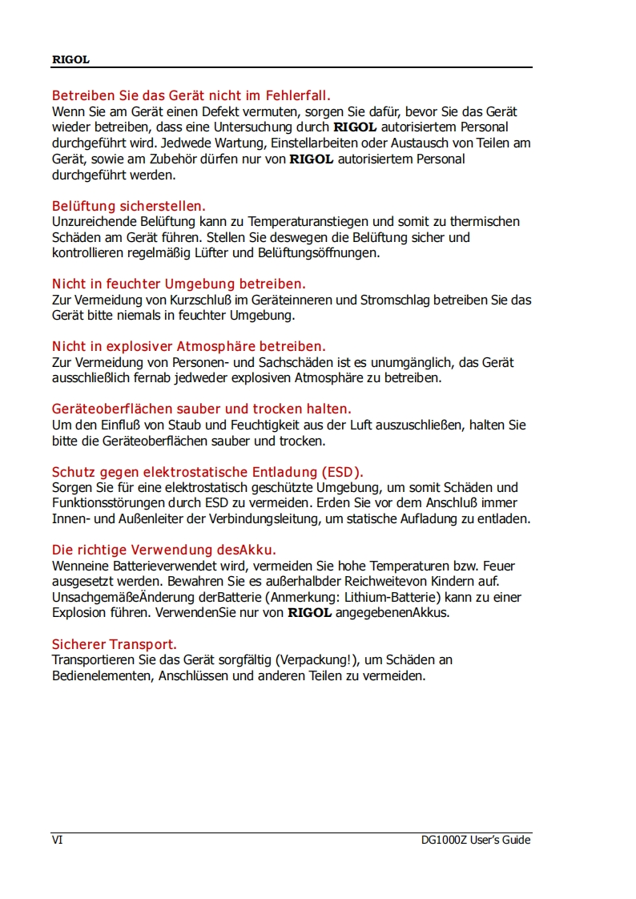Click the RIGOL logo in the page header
70,59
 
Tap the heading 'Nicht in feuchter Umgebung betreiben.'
179,284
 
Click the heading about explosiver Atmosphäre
188,346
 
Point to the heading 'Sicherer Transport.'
115,644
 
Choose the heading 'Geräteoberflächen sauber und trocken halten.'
202,409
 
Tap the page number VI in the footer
57,840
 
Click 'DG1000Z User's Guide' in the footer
476,840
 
